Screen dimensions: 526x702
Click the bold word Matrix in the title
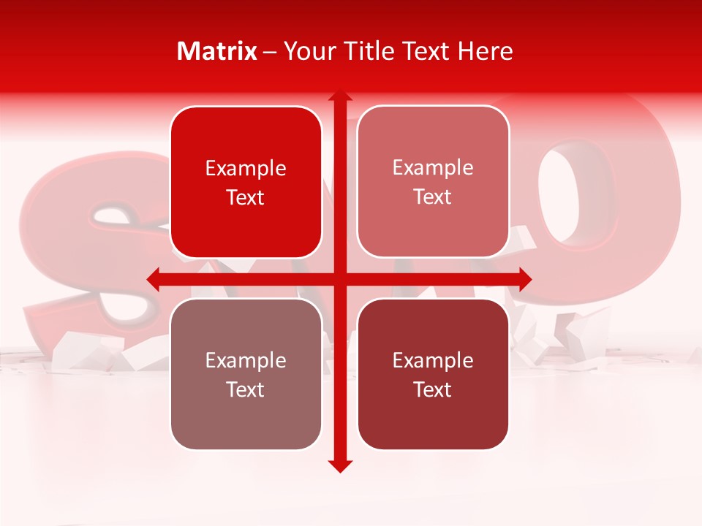tap(217, 51)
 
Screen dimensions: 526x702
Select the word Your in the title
tap(308, 51)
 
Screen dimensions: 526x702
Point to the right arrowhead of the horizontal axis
tap(524, 279)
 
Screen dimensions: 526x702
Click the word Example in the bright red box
tap(246, 169)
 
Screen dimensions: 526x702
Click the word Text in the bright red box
tap(246, 197)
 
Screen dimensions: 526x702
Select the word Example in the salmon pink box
tap(433, 168)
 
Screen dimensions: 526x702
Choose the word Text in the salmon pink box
tap(433, 197)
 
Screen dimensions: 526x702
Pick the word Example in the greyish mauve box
tap(246, 361)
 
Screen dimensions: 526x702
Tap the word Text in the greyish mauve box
tap(246, 389)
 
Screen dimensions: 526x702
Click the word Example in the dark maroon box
tap(433, 361)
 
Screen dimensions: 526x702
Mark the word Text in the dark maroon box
tap(433, 389)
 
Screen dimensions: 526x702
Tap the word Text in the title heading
tap(426, 51)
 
